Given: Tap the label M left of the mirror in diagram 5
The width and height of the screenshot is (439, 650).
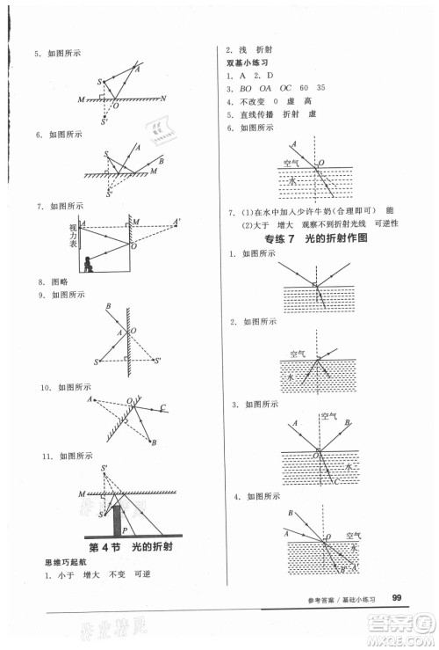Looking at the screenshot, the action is [x=81, y=99].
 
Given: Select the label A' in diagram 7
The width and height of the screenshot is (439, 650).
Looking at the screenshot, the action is [x=176, y=222].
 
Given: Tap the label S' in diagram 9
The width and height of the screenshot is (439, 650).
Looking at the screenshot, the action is [x=157, y=360].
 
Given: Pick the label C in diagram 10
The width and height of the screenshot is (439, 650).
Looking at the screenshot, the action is [x=164, y=407].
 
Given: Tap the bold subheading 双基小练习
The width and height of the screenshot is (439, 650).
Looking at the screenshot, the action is [x=248, y=63].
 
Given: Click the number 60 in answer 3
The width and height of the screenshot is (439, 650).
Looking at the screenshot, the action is [x=305, y=89].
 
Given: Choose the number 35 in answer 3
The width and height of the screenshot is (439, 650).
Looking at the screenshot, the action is [x=322, y=89].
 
